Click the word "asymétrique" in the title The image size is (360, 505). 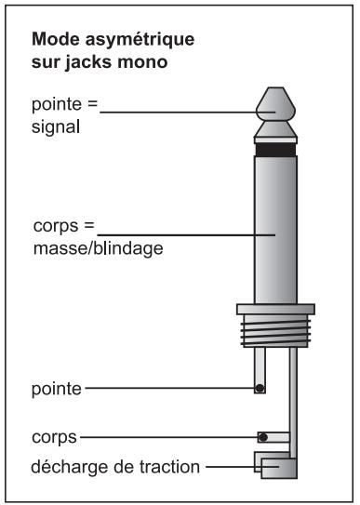point(140,41)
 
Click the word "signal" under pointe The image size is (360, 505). point(56,127)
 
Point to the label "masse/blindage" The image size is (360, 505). point(99,248)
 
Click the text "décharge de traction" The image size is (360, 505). point(115,467)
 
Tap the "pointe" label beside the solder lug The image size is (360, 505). point(57,389)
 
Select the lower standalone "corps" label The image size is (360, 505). point(54,438)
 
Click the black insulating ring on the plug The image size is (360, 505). point(275,150)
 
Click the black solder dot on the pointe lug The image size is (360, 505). point(260,388)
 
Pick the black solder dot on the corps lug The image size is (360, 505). point(263,437)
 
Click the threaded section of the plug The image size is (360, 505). point(275,331)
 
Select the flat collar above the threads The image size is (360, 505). point(275,309)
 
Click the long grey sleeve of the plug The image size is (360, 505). point(275,230)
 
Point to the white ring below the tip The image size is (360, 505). point(275,140)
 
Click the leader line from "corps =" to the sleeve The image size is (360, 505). point(186,235)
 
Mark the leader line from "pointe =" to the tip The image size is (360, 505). point(188,113)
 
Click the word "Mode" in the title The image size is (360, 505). point(56,39)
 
